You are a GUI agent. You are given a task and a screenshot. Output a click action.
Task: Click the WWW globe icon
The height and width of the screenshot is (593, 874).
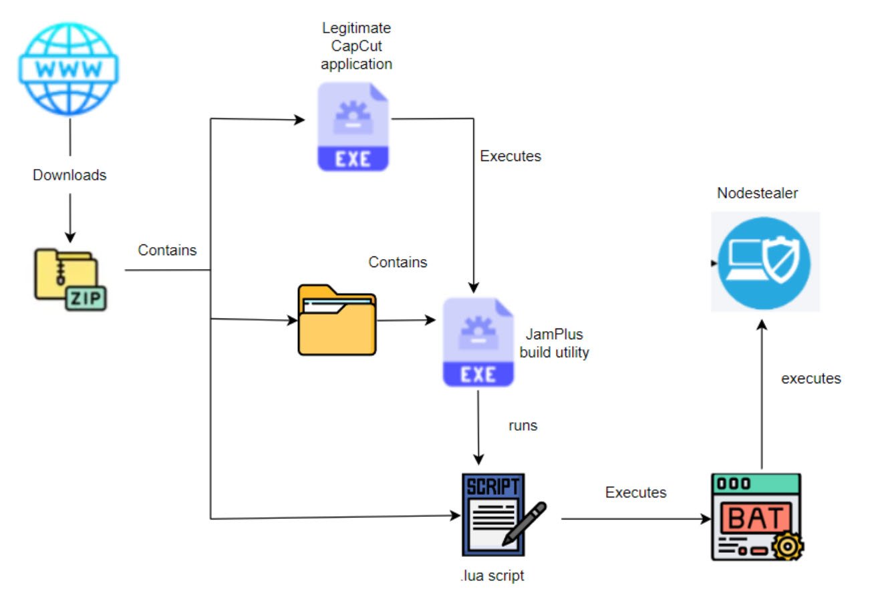[69, 69]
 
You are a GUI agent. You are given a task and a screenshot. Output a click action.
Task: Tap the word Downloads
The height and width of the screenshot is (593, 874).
[69, 175]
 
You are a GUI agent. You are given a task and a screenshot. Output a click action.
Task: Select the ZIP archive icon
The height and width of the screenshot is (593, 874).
[70, 280]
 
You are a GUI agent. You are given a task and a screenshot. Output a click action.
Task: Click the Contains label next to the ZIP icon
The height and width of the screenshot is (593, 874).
[167, 250]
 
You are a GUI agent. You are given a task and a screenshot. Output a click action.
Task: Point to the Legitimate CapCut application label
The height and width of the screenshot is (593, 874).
[356, 46]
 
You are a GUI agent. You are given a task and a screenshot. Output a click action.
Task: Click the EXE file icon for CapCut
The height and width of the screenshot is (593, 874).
[353, 127]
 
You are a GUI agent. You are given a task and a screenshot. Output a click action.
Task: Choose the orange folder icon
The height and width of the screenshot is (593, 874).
[337, 320]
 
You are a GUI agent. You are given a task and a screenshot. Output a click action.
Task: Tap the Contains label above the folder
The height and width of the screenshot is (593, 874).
[398, 262]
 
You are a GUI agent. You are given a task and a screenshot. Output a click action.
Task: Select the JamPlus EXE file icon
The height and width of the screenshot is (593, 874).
[478, 343]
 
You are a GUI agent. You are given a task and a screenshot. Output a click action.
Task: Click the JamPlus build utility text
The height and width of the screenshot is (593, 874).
[554, 343]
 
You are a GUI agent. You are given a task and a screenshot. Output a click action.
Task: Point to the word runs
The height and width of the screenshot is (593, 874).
[523, 425]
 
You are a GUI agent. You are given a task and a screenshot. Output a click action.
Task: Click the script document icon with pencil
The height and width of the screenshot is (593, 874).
[503, 515]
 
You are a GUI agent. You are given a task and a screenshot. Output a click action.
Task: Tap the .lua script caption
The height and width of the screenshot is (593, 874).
[492, 576]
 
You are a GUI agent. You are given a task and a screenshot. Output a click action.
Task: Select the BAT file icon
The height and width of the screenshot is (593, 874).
[756, 517]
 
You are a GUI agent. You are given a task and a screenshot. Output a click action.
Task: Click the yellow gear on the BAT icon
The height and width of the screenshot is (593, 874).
[787, 546]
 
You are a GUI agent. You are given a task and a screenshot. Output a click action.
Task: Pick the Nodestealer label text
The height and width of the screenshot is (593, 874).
[757, 193]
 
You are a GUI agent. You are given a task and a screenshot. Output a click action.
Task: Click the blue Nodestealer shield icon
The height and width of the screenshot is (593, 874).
[764, 263]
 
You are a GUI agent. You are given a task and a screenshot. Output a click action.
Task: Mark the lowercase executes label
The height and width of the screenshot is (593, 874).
[811, 379]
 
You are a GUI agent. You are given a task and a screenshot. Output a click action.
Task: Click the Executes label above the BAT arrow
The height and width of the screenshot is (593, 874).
[635, 492]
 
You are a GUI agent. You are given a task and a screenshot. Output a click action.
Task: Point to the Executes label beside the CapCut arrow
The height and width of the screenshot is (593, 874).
[511, 156]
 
